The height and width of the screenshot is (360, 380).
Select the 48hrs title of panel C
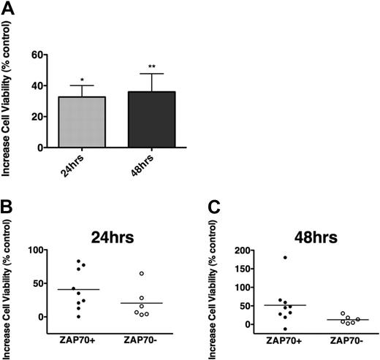coord(308,237)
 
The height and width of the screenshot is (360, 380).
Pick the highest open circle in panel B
coord(142,274)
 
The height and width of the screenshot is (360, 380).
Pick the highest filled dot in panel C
coord(284,257)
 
